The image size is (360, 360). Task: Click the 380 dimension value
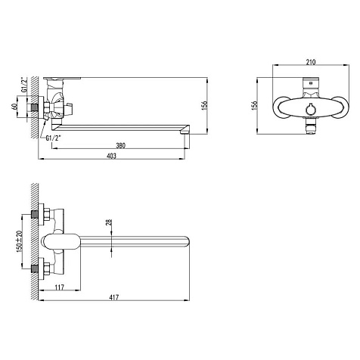tap(120, 145)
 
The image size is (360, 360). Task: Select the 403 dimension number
tap(111, 156)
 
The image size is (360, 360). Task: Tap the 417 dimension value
tap(114, 297)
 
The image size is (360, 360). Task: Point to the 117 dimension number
tap(59, 287)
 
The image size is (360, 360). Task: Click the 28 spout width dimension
tap(109, 222)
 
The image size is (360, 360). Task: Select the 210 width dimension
tap(311, 62)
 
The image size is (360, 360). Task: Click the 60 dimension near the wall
tap(14, 107)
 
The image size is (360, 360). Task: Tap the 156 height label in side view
tap(204, 105)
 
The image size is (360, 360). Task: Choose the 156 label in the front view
tap(255, 105)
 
